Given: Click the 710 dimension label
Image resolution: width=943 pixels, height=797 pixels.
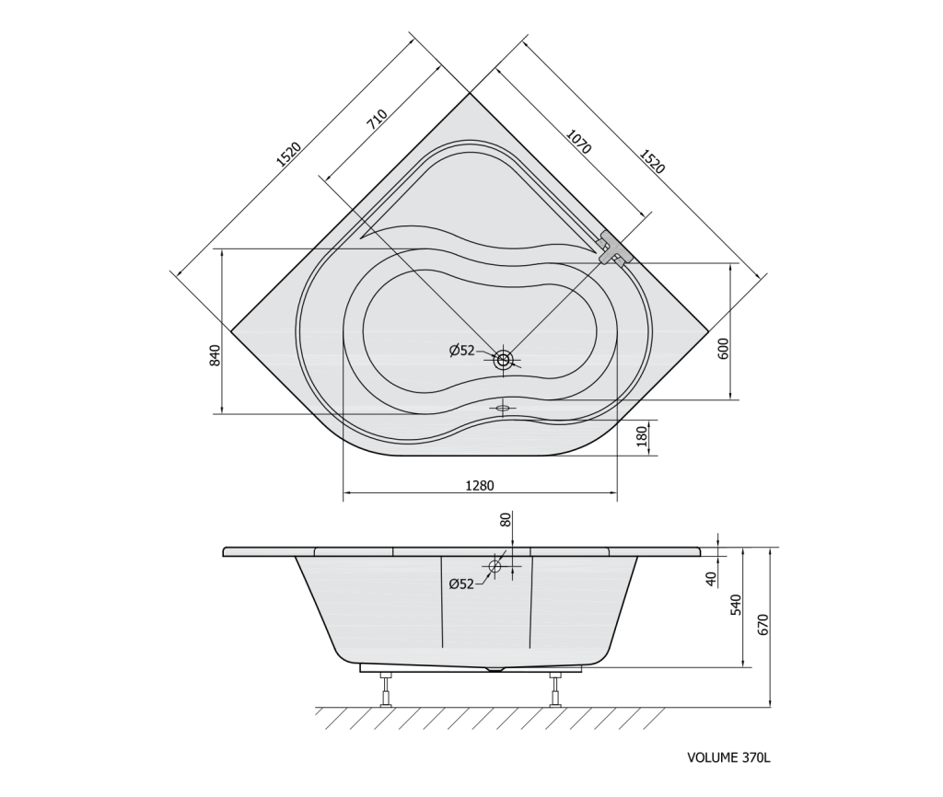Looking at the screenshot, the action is coord(377,119).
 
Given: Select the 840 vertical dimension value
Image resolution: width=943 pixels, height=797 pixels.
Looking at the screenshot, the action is coord(215,356).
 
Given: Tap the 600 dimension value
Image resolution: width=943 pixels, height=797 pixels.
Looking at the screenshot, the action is coord(723,349).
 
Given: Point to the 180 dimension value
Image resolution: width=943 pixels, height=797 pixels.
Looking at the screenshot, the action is coord(642,435).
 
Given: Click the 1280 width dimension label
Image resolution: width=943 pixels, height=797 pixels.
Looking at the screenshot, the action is coord(479,485).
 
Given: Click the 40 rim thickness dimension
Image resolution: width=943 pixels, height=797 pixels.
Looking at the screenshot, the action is coord(712,579).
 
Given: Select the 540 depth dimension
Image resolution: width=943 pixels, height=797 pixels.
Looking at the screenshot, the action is coord(736,606).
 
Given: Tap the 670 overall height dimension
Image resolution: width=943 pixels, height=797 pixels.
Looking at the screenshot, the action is coord(763,625).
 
